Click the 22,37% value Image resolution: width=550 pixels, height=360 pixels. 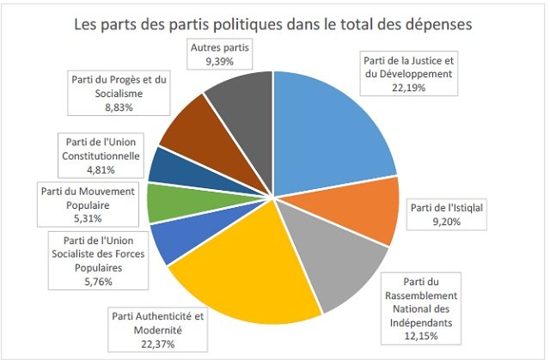coord(159,345)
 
